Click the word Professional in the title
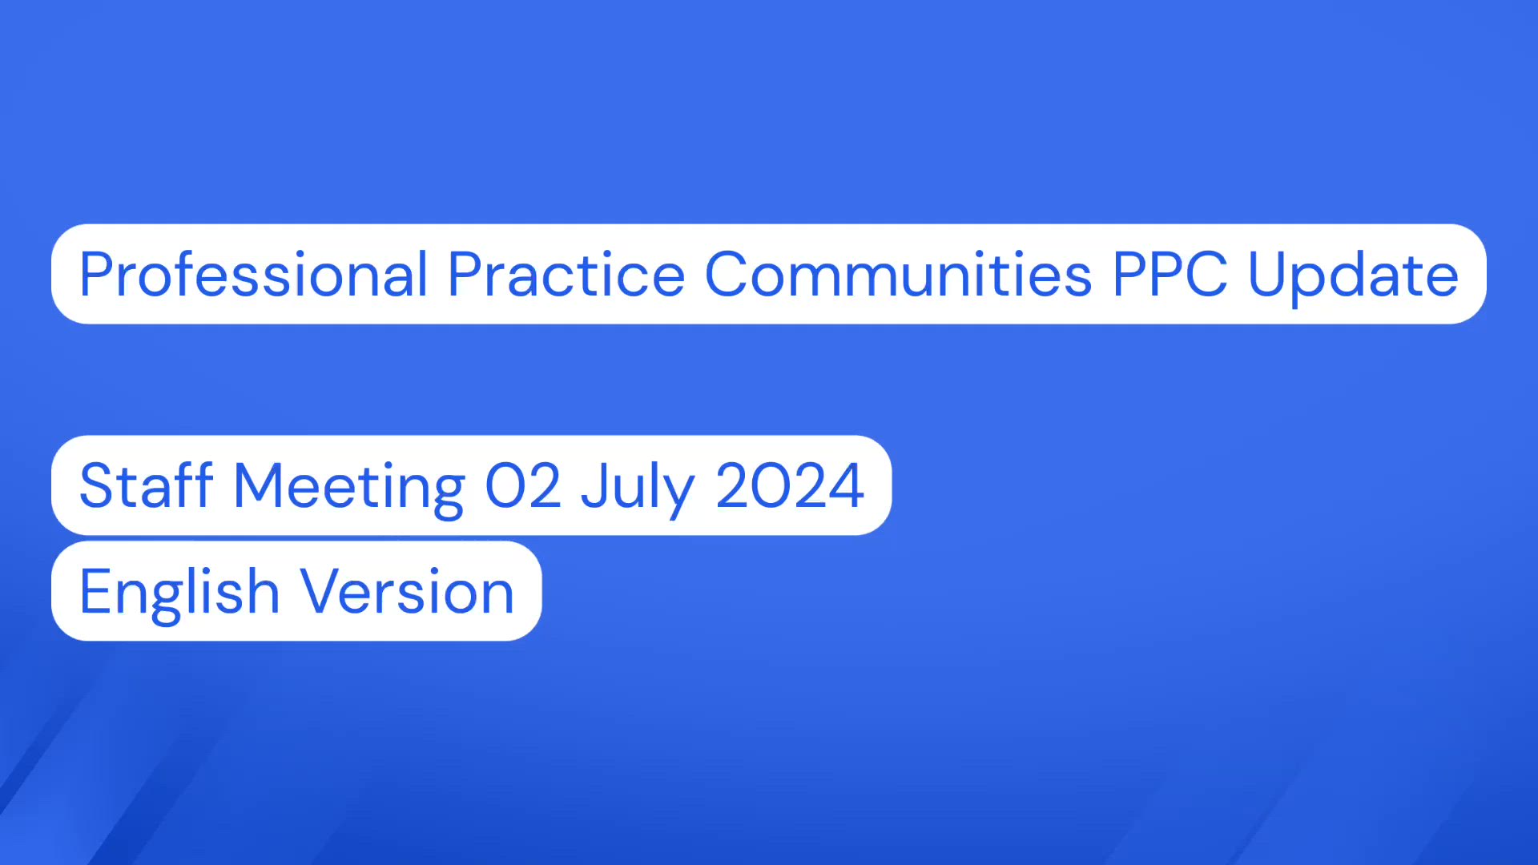tap(253, 275)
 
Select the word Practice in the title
tap(566, 275)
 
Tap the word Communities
tap(898, 275)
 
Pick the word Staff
tap(146, 485)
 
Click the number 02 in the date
tap(523, 485)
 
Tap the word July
tap(638, 487)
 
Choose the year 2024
tap(790, 485)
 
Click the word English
tap(179, 593)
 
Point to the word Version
tap(407, 591)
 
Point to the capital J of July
tap(594, 485)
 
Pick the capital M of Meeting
tap(256, 485)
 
